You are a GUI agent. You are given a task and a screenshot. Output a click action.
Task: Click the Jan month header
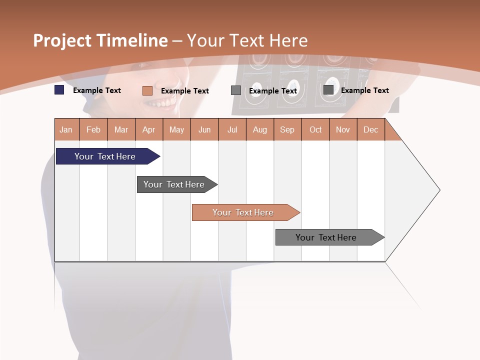coord(66,129)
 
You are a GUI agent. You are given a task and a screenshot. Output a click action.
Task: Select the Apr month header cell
coord(149,129)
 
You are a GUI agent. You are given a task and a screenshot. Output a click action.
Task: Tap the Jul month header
coord(232,129)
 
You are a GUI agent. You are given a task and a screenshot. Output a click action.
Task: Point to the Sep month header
coord(287,129)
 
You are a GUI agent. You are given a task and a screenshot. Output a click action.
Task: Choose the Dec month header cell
coord(370,129)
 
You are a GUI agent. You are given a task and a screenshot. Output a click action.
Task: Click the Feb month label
coord(93,129)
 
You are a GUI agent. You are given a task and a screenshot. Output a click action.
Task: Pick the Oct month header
coord(315,129)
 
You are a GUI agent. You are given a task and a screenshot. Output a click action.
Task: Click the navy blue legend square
coord(59,90)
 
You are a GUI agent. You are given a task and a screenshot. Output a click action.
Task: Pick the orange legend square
coord(147,90)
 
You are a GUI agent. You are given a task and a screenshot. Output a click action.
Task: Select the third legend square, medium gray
coord(236,90)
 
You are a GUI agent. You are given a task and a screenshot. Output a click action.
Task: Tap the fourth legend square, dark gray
coord(328,90)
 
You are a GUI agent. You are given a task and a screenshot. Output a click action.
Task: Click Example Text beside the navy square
coord(97,90)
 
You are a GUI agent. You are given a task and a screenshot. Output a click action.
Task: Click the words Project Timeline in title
coord(100,40)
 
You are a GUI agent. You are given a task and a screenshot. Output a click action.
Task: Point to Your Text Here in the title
coord(247,40)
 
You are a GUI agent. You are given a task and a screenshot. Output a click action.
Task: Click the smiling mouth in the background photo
coord(161,103)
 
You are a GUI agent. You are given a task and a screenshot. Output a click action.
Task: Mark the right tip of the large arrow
coord(439,190)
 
